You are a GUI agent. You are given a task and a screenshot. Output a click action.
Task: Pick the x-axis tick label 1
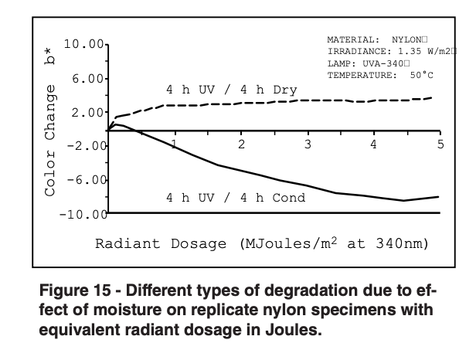click(175, 144)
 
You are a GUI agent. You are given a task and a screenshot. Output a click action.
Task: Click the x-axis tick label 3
click(308, 144)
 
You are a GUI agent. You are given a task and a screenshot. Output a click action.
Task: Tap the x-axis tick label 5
click(440, 144)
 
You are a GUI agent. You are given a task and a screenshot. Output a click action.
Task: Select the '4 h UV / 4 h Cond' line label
click(236, 197)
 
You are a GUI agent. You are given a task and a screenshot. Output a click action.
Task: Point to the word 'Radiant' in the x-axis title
click(122, 244)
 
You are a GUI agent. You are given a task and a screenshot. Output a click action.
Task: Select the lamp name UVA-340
click(387, 63)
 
